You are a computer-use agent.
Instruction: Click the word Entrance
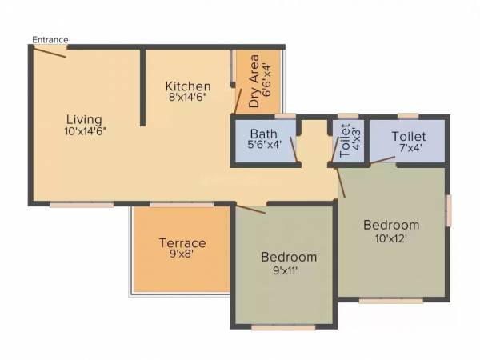click(50, 39)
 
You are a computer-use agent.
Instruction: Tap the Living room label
click(85, 119)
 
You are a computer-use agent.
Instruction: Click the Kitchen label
click(188, 86)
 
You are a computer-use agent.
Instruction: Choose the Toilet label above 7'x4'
click(408, 137)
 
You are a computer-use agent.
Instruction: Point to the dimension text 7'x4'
click(408, 148)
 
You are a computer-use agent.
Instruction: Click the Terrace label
click(182, 243)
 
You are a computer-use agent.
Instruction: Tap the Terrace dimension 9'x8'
click(182, 255)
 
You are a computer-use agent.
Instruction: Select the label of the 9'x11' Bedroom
click(290, 258)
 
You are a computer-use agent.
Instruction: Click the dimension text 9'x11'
click(290, 270)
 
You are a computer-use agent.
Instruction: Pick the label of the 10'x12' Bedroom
click(391, 225)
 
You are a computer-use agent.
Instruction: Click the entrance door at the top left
click(50, 50)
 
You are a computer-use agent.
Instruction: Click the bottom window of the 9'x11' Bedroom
click(283, 327)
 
